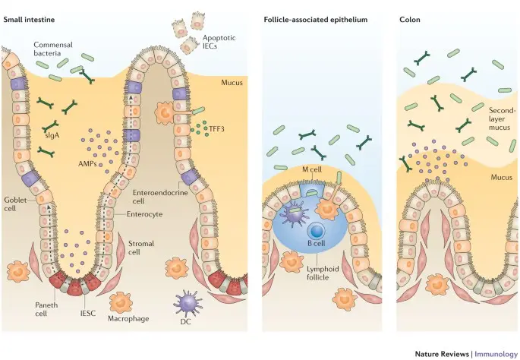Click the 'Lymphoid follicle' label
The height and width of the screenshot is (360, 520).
pos(322,273)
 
